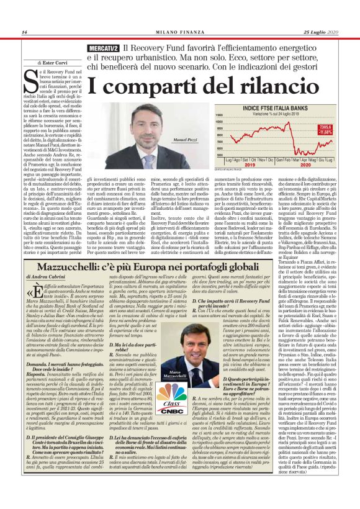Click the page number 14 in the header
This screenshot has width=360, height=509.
pyautogui.click(x=24, y=32)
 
